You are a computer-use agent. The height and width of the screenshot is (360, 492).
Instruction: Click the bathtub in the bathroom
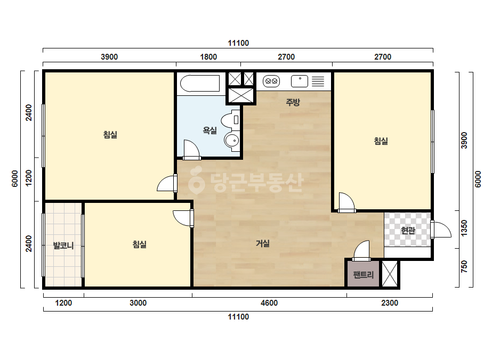pyautogui.click(x=200, y=84)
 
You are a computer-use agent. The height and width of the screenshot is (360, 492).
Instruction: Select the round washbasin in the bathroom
pyautogui.click(x=232, y=140)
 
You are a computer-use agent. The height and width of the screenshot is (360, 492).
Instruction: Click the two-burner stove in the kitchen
pyautogui.click(x=271, y=81)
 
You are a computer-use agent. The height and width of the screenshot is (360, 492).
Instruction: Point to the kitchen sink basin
pyautogui.click(x=300, y=81)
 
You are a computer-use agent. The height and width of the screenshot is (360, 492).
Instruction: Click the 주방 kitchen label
pyautogui.click(x=293, y=102)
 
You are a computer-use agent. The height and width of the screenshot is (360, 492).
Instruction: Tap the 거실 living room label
pyautogui.click(x=263, y=243)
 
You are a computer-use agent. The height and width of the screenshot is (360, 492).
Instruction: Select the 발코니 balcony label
pyautogui.click(x=63, y=245)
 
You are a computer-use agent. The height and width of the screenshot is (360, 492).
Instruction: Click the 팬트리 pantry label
pyautogui.click(x=364, y=275)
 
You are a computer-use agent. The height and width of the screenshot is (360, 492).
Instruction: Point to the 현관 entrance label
pyautogui.click(x=408, y=231)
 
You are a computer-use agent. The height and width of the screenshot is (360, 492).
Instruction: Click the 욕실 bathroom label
pyautogui.click(x=209, y=130)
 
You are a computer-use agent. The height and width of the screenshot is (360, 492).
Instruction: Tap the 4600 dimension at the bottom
pyautogui.click(x=269, y=303)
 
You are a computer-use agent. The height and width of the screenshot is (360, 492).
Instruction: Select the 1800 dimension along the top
pyautogui.click(x=208, y=57)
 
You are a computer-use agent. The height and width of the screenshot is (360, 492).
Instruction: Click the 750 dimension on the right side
pyautogui.click(x=465, y=267)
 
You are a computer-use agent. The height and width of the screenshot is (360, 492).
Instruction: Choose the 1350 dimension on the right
pyautogui.click(x=465, y=228)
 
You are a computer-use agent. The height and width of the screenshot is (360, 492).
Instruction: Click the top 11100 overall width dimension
pyautogui.click(x=238, y=43)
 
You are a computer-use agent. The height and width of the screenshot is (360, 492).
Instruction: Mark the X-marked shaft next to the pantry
pyautogui.click(x=390, y=274)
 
